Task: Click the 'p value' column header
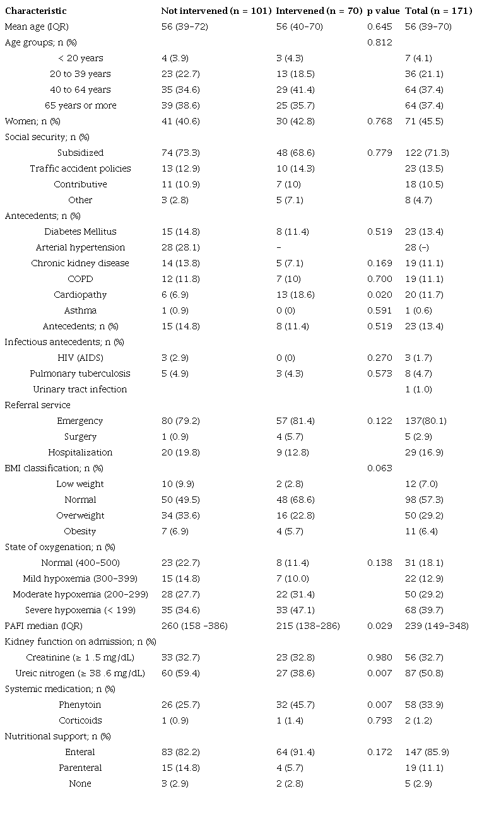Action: [383, 11]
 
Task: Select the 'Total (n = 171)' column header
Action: [438, 11]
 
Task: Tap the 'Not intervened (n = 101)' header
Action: [216, 11]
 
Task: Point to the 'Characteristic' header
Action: [35, 11]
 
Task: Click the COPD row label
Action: [80, 279]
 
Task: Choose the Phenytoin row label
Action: [80, 705]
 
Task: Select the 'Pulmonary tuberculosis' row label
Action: [80, 373]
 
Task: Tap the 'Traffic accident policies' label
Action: [80, 168]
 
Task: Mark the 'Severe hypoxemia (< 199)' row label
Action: [80, 610]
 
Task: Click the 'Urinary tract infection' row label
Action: [80, 389]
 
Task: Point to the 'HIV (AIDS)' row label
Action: [80, 358]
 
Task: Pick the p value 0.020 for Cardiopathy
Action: [379, 295]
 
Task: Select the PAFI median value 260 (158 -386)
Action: [194, 626]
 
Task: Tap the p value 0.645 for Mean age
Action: [379, 26]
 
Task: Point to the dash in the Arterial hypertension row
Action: [278, 247]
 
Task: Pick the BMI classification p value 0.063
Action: [379, 468]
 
